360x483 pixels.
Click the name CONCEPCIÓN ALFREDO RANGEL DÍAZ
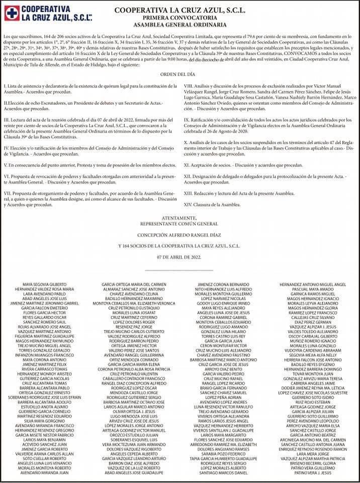(179, 233)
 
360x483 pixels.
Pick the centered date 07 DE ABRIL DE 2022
(179, 257)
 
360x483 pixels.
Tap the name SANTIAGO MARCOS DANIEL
(223, 473)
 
